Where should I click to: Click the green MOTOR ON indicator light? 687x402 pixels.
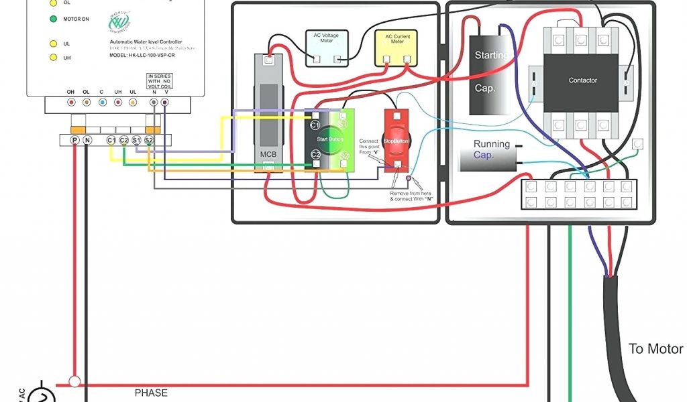tap(52, 19)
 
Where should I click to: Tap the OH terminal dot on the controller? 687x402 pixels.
tap(71, 103)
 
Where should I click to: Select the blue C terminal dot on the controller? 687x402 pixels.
tap(102, 103)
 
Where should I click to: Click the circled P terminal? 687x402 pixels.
tap(74, 140)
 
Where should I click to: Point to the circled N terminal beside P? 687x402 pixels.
tap(87, 140)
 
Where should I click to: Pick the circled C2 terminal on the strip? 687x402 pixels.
tap(124, 140)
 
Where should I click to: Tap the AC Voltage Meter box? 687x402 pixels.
tap(322, 48)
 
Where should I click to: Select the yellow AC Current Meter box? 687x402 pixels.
tap(397, 48)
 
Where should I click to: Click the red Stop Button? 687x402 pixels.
tap(398, 141)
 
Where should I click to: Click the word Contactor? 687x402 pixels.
tap(582, 80)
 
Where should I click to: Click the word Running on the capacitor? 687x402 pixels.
tap(491, 144)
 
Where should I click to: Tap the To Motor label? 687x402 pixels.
tap(655, 349)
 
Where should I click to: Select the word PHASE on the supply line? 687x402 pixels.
tap(151, 393)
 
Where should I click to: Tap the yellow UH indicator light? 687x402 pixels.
tap(52, 58)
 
